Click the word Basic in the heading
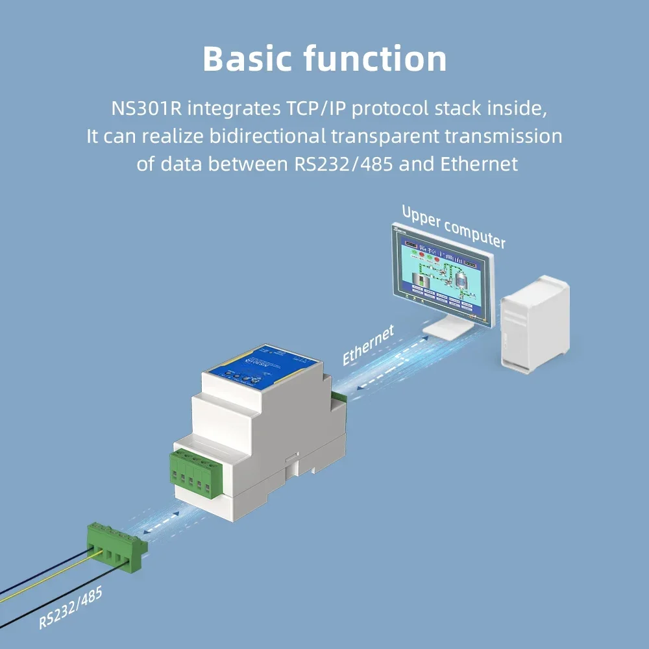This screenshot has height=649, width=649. tap(247, 59)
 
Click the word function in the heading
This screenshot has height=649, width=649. tap(375, 59)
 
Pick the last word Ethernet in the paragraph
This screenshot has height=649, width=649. tap(479, 164)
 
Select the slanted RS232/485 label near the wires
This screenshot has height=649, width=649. tap(70, 608)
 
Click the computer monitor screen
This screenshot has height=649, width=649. tap(441, 273)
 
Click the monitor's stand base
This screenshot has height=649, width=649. tap(448, 332)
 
